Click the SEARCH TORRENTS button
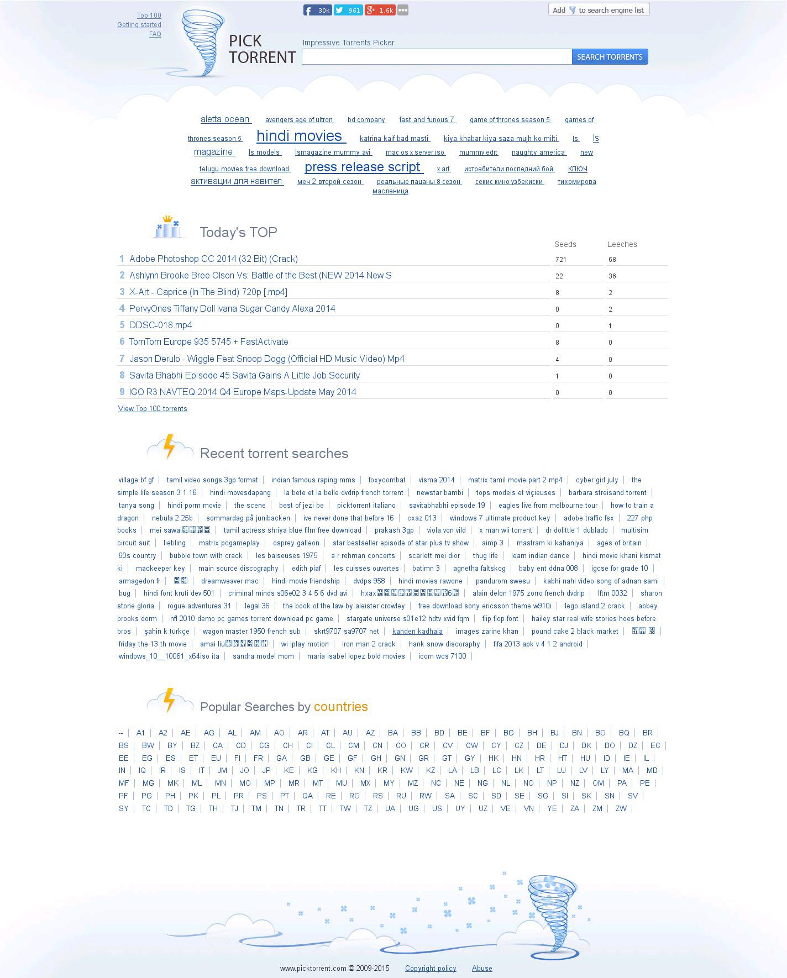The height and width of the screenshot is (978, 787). [610, 57]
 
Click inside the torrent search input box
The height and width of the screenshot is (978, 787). [437, 57]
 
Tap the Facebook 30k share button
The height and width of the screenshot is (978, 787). [317, 10]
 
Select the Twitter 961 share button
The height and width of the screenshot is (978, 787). [348, 10]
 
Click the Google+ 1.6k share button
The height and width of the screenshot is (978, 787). [380, 10]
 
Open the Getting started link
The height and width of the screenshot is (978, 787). [139, 25]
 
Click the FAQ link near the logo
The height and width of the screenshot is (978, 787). [155, 34]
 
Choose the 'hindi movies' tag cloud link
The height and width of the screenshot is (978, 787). [300, 136]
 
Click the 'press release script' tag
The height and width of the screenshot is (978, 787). [363, 167]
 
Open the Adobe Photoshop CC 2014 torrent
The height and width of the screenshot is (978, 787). [213, 259]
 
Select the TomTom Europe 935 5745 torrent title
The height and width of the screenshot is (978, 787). [208, 341]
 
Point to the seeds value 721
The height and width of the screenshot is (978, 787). [561, 259]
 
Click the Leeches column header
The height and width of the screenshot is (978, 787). [622, 244]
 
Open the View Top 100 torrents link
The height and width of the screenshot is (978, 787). [153, 409]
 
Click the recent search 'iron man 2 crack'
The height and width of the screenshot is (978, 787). [369, 644]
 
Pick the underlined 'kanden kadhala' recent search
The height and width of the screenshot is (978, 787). [417, 632]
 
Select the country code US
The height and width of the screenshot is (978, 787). [437, 808]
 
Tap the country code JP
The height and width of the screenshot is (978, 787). [266, 770]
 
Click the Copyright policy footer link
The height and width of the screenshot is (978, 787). [431, 968]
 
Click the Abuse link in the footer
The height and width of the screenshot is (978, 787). [482, 968]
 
